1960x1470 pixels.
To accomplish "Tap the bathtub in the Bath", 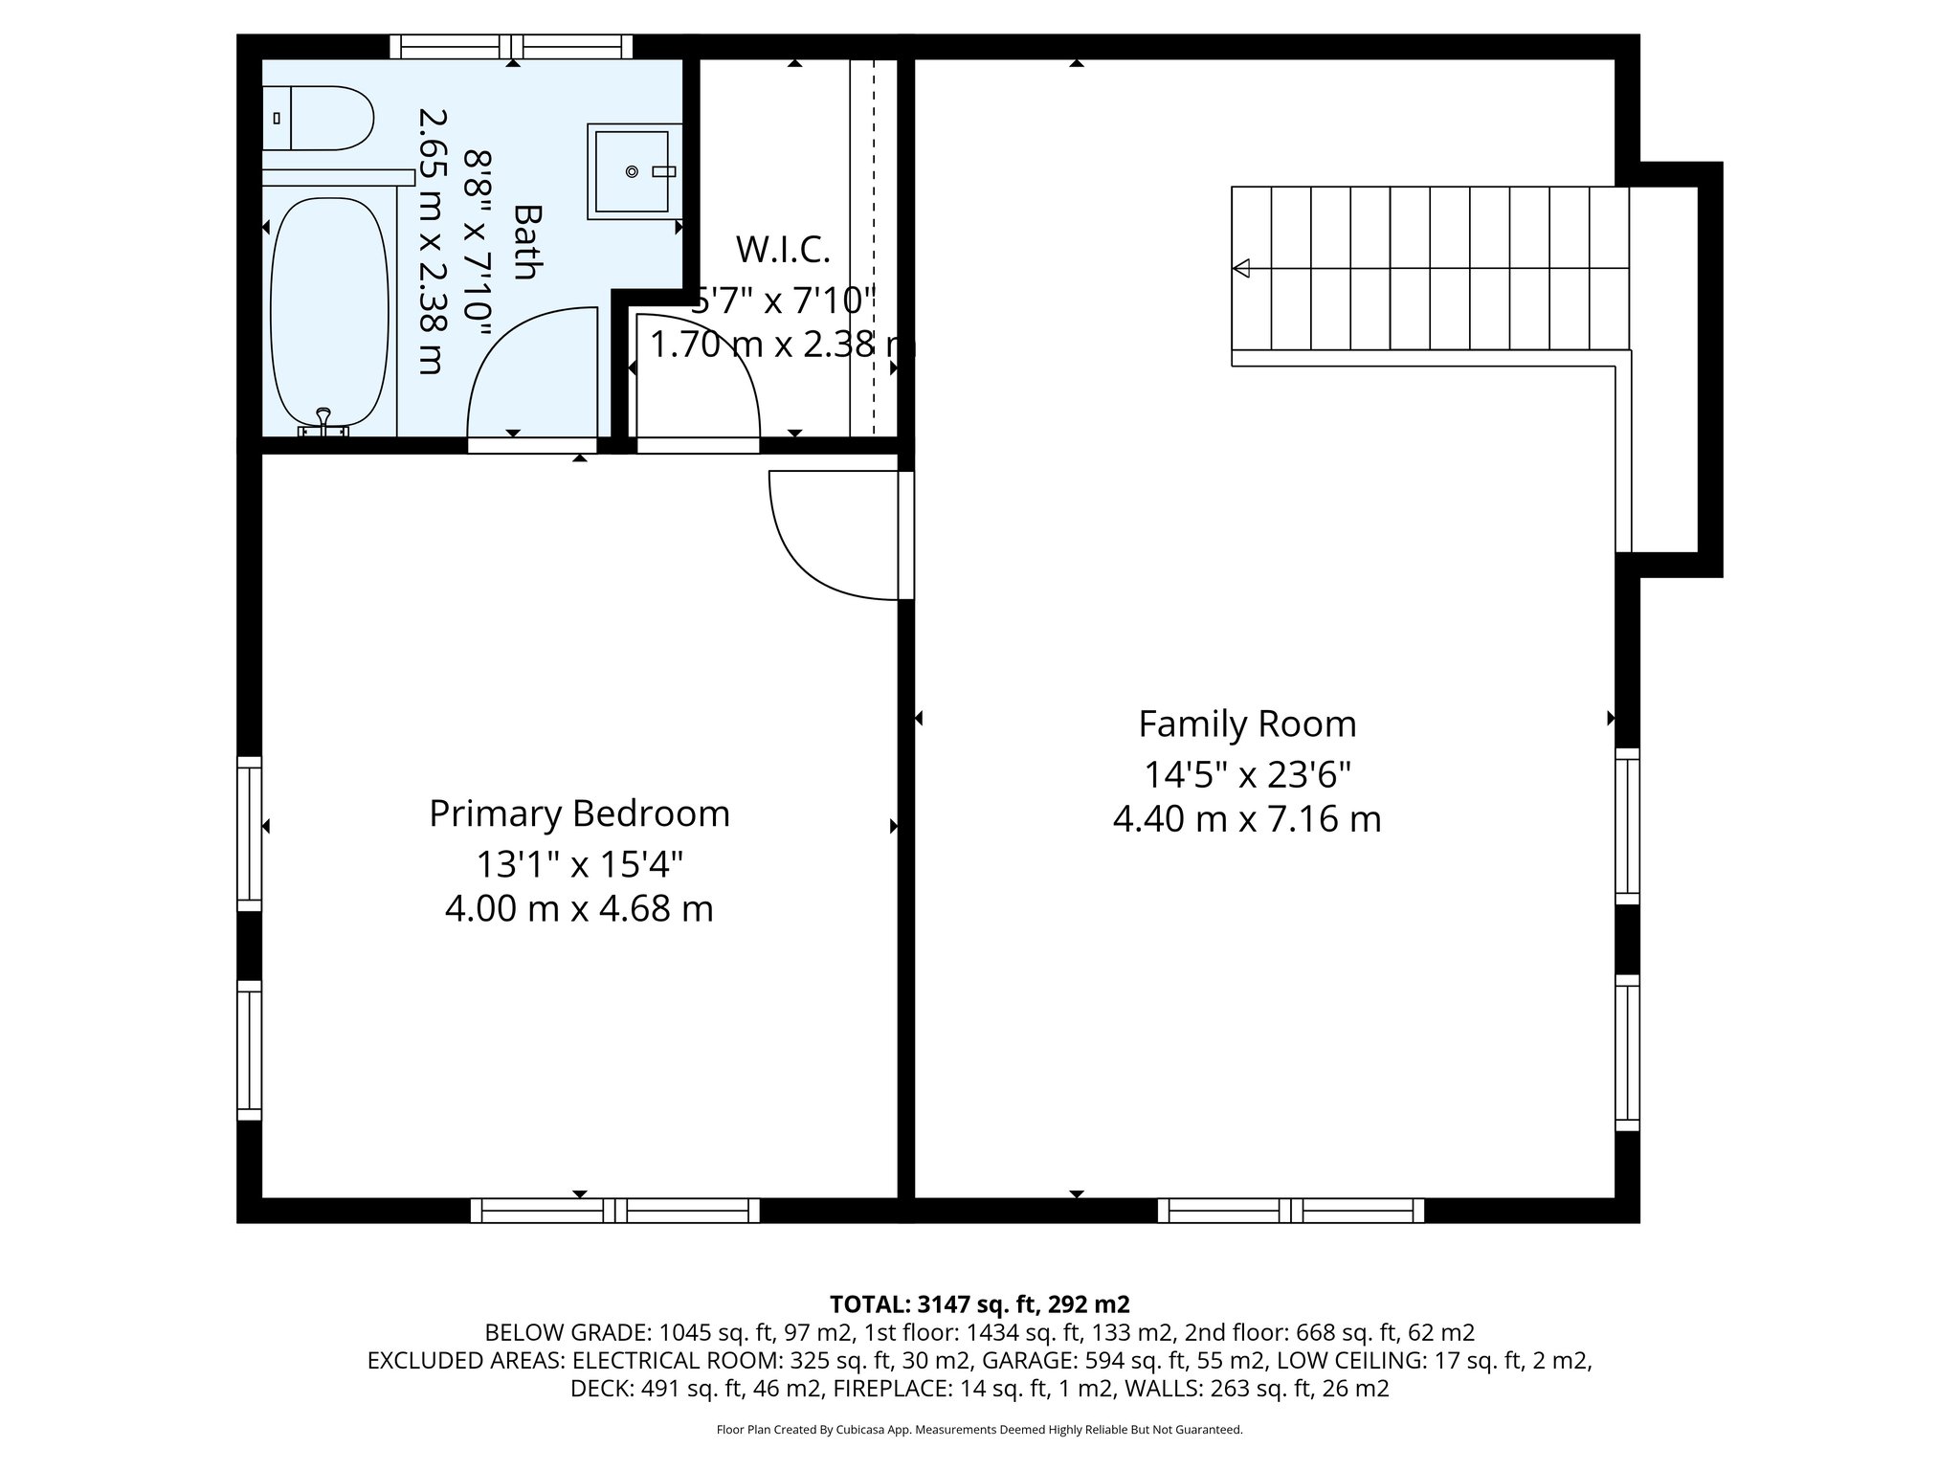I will tap(329, 311).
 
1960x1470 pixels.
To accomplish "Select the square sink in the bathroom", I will tap(631, 171).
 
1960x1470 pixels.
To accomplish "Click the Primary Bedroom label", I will tap(579, 813).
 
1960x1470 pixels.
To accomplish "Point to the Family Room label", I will tap(1247, 724).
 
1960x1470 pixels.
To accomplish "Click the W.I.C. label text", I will tap(783, 250).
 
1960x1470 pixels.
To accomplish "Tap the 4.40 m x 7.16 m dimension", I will tap(1247, 819).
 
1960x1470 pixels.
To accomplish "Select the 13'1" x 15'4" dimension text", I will tap(579, 864).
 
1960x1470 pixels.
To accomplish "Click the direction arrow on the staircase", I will tap(1242, 268).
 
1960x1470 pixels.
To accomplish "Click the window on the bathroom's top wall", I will tap(511, 46).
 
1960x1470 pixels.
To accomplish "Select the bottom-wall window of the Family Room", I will tap(1290, 1211).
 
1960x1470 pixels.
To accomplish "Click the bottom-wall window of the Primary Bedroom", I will tap(614, 1211).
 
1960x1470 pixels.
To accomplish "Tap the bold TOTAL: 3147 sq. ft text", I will tap(979, 1303).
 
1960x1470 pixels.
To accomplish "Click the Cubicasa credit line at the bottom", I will tap(979, 1430).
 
